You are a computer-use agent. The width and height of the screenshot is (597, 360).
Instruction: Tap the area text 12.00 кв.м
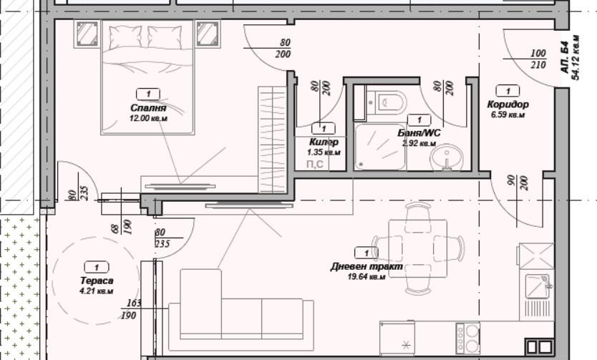[147, 118]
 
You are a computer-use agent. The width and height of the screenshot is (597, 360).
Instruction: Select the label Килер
[324, 142]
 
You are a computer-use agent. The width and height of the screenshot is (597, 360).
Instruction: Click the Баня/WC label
[418, 132]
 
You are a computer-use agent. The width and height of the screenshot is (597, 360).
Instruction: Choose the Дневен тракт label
[366, 267]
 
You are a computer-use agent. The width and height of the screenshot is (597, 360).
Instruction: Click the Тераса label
[97, 281]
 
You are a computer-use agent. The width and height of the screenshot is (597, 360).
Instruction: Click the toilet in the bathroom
[389, 102]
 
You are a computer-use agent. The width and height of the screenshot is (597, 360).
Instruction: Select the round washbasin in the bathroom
[448, 157]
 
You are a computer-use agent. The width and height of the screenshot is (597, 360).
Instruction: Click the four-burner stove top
[469, 337]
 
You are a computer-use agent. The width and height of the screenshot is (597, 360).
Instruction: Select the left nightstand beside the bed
[87, 33]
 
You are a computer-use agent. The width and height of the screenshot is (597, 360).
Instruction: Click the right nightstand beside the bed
[207, 33]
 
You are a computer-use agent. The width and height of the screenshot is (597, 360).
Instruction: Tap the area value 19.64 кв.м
[366, 277]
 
